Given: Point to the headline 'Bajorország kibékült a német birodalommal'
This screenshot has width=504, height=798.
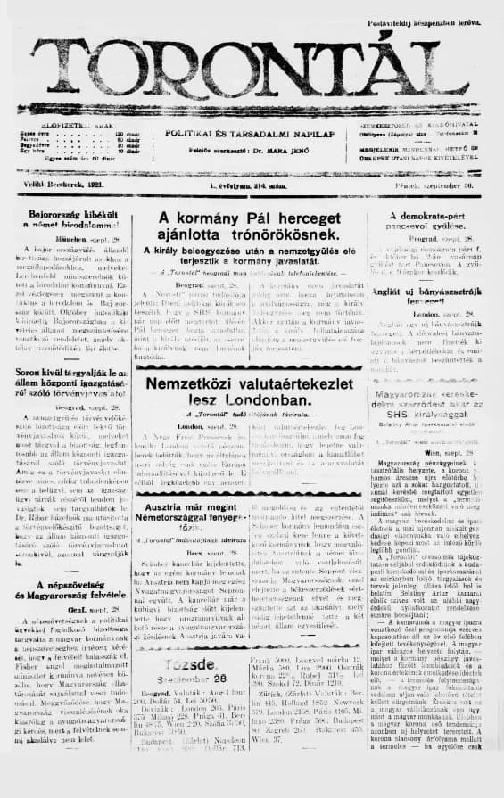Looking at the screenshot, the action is pos(68,222).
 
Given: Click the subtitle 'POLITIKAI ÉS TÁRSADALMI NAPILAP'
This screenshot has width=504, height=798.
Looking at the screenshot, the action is pos(242,133).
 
